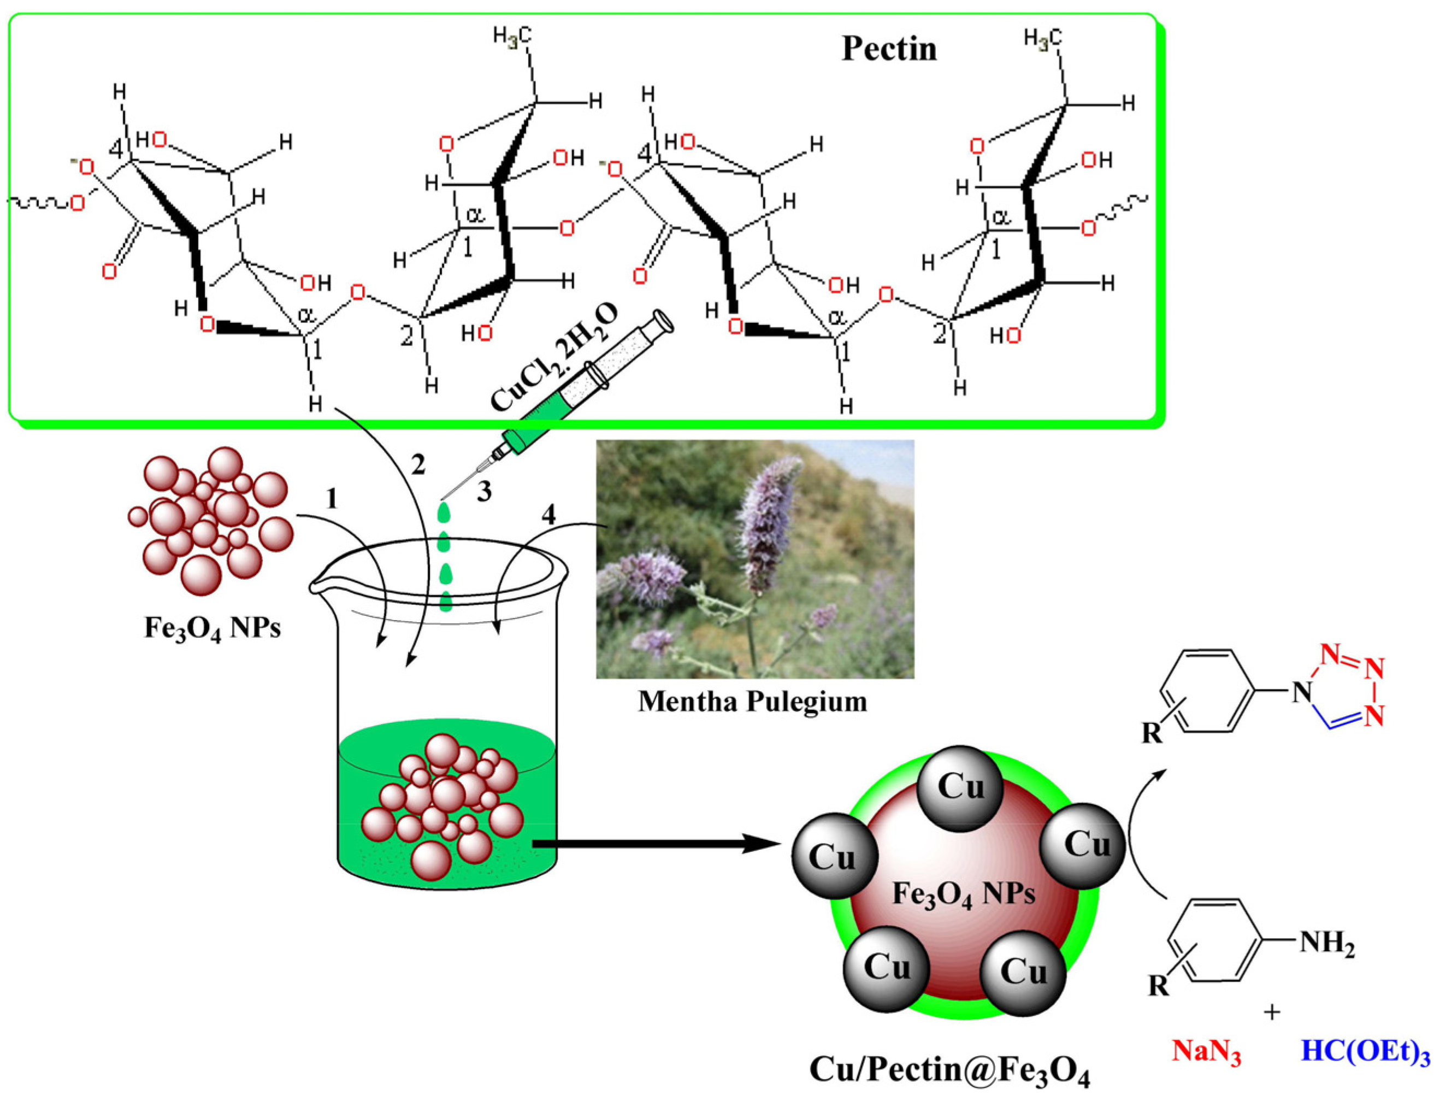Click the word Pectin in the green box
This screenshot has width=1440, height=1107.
pos(889,49)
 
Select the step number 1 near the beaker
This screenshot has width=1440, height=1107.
pos(332,500)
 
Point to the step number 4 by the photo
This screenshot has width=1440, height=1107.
pos(548,515)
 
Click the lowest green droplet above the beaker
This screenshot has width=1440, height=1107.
pos(446,602)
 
